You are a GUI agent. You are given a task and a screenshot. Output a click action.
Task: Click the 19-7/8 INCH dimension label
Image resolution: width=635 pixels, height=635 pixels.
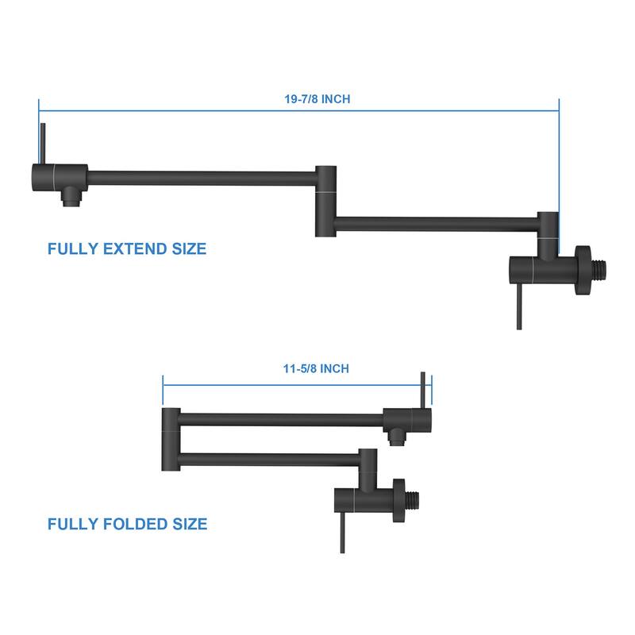pos(317,98)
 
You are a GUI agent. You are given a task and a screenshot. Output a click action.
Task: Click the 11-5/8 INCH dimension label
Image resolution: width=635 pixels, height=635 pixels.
pos(316,368)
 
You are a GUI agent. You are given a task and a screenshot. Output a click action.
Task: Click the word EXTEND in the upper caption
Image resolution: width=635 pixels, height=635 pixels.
pos(135,248)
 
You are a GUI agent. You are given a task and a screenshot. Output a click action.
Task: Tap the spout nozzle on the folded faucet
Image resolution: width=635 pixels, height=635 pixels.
pos(397,437)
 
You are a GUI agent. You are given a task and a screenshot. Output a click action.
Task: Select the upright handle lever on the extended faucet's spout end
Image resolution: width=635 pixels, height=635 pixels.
pos(43,144)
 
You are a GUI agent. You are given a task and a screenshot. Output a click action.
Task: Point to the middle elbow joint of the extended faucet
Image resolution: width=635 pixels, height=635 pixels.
pos(325,201)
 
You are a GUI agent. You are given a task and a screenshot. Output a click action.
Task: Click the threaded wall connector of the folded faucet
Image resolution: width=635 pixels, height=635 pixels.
pos(412,501)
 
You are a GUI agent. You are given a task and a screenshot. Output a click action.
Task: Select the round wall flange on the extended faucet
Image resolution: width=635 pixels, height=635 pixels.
pos(583,270)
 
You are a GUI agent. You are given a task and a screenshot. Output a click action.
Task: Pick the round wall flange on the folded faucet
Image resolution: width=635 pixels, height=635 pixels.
pos(398,501)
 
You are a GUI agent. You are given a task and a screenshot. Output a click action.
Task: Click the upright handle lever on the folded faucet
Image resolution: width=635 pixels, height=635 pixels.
pos(423,391)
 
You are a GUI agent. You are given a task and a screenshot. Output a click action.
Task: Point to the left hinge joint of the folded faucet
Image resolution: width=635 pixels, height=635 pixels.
pos(171,440)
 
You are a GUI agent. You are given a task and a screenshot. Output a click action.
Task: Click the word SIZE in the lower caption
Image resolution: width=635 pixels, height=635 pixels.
pos(190,524)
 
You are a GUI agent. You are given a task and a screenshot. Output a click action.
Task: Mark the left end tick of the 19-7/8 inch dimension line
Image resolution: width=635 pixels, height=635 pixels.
pos(39,110)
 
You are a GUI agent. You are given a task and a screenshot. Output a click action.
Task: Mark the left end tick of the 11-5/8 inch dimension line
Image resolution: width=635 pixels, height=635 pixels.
pos(163,390)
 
